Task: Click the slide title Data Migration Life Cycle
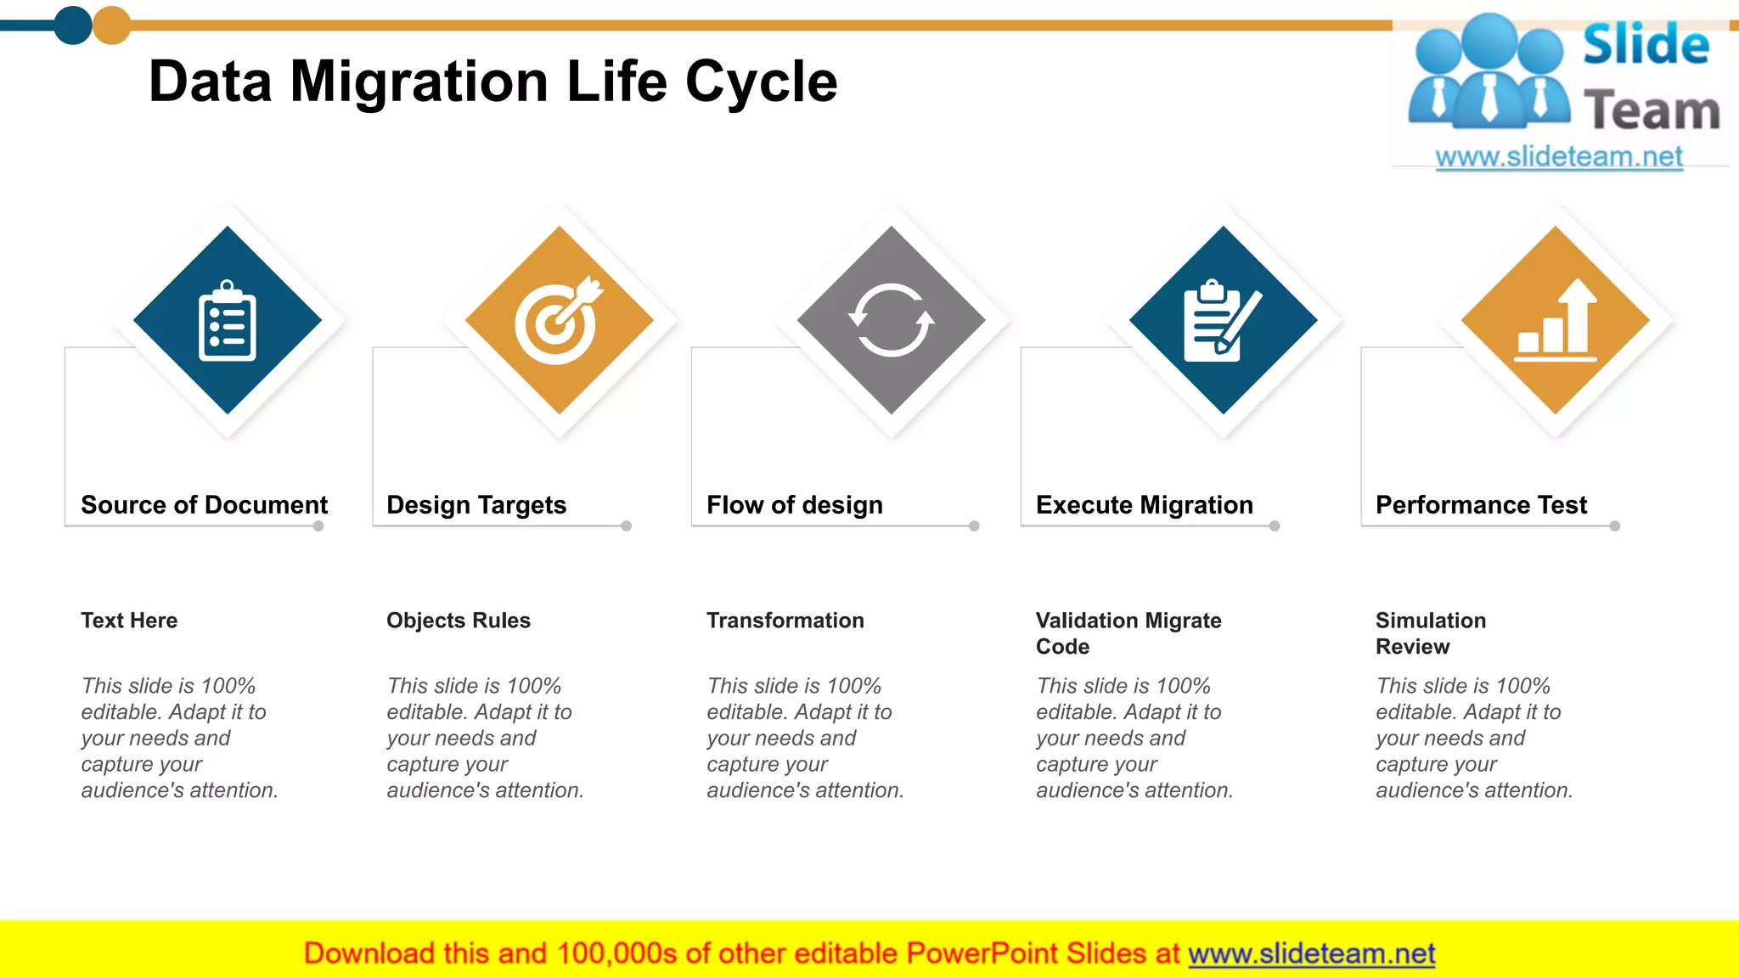(492, 82)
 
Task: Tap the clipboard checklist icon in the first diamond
(227, 321)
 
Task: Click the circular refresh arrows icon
(891, 320)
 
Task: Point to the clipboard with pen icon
(1221, 321)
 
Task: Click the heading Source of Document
(204, 505)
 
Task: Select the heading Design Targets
(476, 505)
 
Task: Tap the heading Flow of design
(795, 505)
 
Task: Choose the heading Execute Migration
(1145, 505)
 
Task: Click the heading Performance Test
(1481, 505)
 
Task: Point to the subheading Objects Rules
(459, 621)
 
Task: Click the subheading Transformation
(785, 621)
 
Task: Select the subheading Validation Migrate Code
(1128, 633)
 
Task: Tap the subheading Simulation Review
(1431, 633)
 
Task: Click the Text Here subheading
(129, 621)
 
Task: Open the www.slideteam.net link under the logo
(1559, 157)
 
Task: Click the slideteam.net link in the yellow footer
(1311, 954)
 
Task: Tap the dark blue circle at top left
(73, 25)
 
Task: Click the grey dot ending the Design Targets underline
(627, 526)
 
